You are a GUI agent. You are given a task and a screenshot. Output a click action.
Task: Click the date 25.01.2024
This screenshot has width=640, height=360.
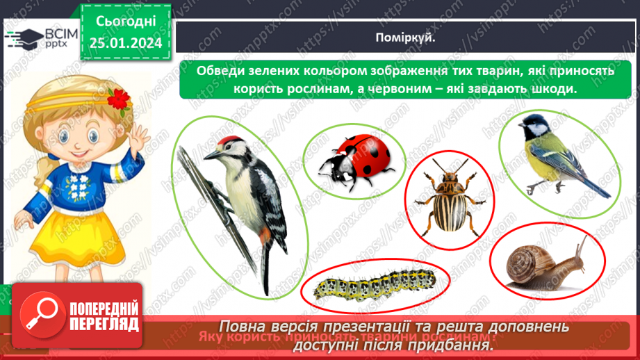(125, 43)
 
